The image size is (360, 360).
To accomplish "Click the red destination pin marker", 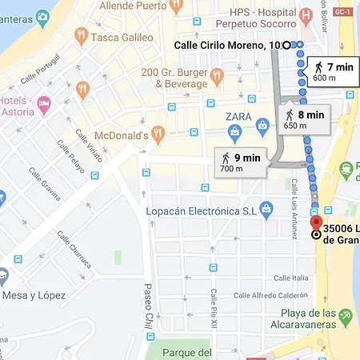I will (x=316, y=224).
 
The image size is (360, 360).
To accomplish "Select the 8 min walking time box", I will (x=304, y=118).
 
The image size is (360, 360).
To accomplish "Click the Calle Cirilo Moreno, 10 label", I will (x=227, y=46).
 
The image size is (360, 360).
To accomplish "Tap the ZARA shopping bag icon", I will (x=262, y=125).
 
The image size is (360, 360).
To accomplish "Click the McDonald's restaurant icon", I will (x=158, y=134).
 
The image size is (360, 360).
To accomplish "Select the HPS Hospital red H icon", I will (x=305, y=17).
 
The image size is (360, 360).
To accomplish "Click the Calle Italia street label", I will (x=290, y=278).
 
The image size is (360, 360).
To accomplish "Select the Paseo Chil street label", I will (x=146, y=306).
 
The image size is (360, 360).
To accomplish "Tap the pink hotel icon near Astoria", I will (x=44, y=102).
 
